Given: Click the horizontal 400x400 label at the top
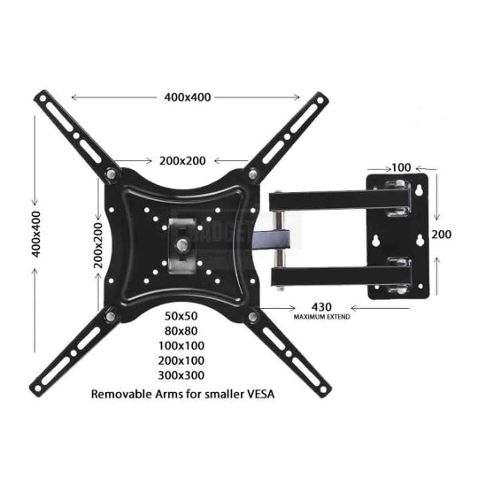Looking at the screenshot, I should click(x=187, y=98).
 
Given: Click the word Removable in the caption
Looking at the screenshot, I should click(x=121, y=395).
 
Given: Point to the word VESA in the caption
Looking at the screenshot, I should click(x=258, y=395).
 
